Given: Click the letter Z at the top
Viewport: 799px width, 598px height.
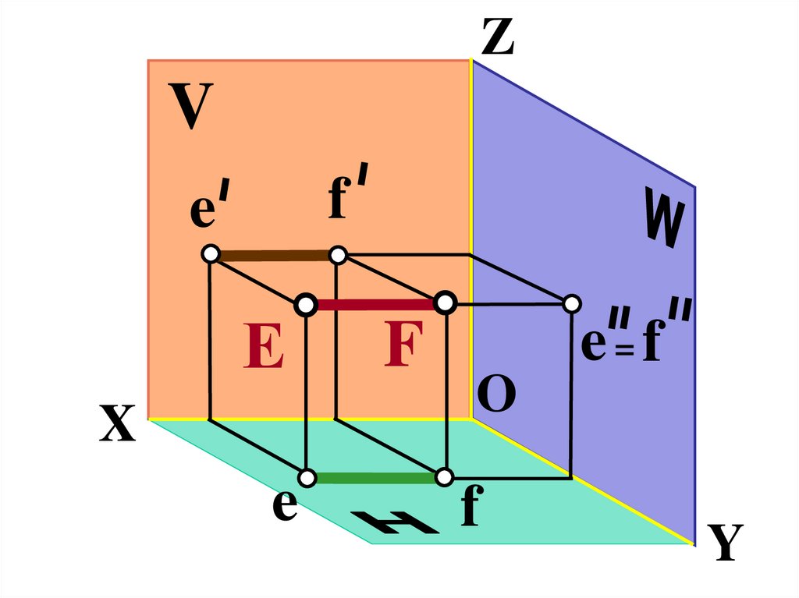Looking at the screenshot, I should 497,37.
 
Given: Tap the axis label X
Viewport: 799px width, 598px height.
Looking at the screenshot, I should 118,426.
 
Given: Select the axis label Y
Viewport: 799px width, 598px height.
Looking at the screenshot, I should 725,543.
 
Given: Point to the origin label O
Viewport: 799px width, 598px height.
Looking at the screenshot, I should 496,397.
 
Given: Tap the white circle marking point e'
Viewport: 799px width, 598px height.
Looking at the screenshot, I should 210,254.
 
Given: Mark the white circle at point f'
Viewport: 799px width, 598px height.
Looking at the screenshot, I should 338,255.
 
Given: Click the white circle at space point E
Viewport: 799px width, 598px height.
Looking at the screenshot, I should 305,304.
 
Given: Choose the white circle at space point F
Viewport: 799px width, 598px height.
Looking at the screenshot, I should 444,303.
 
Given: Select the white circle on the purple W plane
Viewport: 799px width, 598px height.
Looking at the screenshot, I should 572,303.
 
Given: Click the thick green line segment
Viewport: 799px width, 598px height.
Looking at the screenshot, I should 375,477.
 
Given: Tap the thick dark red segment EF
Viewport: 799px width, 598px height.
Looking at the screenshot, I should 375,304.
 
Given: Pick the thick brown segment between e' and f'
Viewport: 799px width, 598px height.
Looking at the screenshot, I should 274,255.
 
